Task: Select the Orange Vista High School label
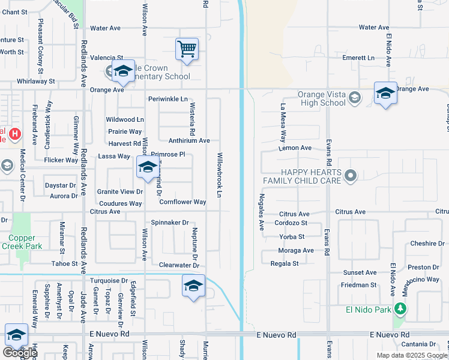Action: click(322, 98)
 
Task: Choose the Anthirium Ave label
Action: click(189, 140)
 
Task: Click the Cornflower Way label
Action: click(182, 202)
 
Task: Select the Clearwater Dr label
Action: click(179, 265)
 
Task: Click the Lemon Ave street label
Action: click(295, 148)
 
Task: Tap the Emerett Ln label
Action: click(358, 58)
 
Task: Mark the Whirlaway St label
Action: click(35, 81)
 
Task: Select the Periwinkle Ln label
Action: click(168, 98)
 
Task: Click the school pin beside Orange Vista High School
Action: click(385, 93)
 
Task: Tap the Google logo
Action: click(19, 353)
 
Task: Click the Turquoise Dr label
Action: click(109, 280)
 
